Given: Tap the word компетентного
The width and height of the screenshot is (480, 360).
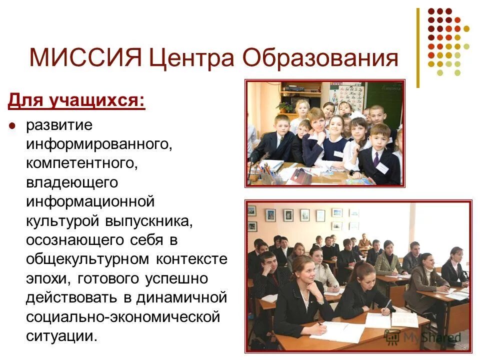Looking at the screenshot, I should pos(80,163).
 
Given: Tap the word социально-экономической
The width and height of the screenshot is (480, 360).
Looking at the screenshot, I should pos(123,316).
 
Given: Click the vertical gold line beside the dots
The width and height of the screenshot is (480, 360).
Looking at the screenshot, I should pos(418,48).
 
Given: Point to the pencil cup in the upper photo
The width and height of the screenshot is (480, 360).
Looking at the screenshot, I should pos(266,175).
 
